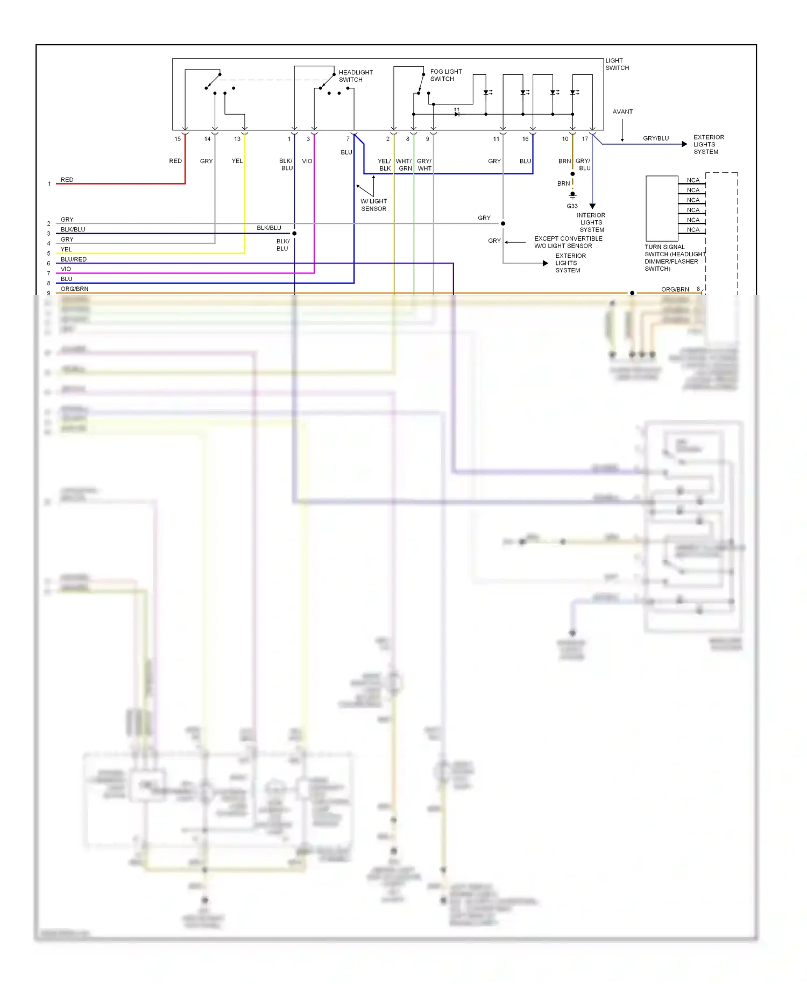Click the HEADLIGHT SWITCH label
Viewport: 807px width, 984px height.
tap(355, 76)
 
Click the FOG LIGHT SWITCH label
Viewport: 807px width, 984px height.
tap(445, 75)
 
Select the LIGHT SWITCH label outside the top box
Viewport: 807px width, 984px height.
tap(617, 64)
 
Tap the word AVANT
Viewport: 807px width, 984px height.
tap(622, 112)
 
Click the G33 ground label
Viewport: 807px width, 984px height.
tap(572, 206)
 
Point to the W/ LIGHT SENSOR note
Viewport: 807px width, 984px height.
tap(373, 205)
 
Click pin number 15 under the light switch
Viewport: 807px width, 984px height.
tap(178, 139)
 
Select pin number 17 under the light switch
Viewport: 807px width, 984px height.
tap(585, 139)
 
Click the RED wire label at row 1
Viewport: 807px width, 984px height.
tap(67, 180)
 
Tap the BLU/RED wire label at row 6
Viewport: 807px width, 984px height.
tap(73, 259)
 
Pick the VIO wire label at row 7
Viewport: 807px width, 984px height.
tap(66, 269)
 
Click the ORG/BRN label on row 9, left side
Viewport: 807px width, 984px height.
tap(74, 289)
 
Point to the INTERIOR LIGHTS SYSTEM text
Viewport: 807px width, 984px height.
tap(591, 222)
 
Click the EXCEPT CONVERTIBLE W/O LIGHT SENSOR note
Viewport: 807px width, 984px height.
tap(568, 242)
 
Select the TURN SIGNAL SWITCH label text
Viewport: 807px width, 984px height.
tap(674, 258)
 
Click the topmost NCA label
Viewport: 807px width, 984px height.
tap(693, 180)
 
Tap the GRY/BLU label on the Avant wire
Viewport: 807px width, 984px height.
tap(656, 138)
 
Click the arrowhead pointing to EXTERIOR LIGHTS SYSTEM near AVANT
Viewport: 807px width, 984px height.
tap(684, 144)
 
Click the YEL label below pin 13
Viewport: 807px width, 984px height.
tap(237, 161)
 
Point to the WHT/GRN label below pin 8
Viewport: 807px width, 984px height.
tap(404, 165)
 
